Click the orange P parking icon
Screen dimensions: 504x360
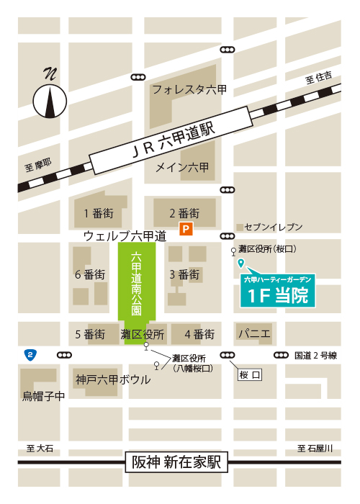click(x=186, y=230)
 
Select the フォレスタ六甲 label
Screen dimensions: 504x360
click(x=189, y=89)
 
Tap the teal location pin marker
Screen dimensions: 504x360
click(x=240, y=264)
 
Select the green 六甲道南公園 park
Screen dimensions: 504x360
click(x=137, y=288)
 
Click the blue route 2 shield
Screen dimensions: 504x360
click(x=30, y=354)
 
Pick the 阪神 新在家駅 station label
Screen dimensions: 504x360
click(x=176, y=462)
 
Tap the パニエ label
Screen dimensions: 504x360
click(x=254, y=333)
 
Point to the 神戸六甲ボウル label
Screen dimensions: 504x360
click(x=113, y=379)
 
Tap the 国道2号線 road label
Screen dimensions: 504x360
click(x=315, y=355)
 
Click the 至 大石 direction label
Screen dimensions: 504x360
click(x=40, y=448)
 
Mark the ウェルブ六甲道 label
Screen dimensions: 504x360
click(x=125, y=235)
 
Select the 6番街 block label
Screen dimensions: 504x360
click(x=90, y=274)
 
